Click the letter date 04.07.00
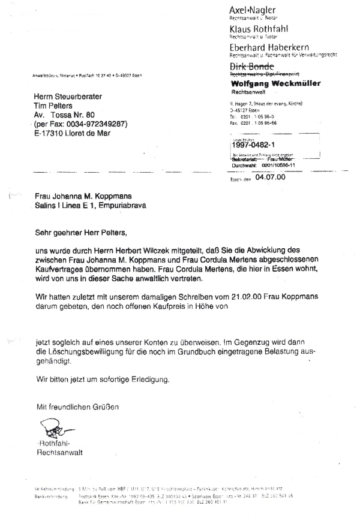[x=269, y=177]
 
